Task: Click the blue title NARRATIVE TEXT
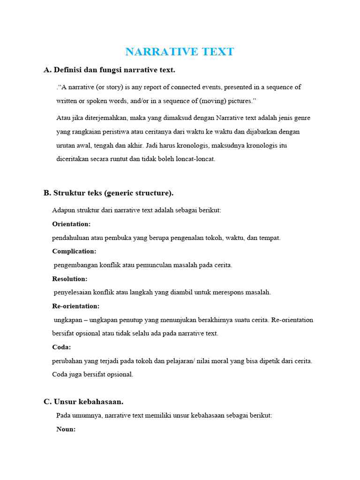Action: pyautogui.click(x=180, y=52)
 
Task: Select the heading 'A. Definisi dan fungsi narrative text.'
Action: pyautogui.click(x=109, y=70)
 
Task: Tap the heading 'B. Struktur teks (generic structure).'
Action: pyautogui.click(x=108, y=193)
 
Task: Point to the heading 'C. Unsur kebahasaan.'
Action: pyautogui.click(x=83, y=402)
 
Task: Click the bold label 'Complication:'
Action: pyautogui.click(x=74, y=251)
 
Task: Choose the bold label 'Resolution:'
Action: pyautogui.click(x=70, y=279)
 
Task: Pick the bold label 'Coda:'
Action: pyautogui.click(x=61, y=347)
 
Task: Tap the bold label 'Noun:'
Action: pyautogui.click(x=66, y=429)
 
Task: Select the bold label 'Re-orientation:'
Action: pyautogui.click(x=75, y=306)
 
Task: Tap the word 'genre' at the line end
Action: pyautogui.click(x=301, y=118)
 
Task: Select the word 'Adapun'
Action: pyautogui.click(x=63, y=210)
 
